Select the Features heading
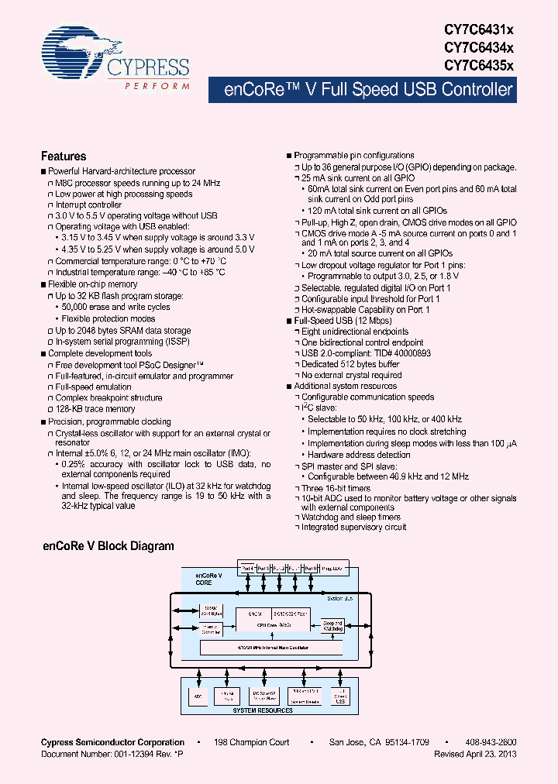point(64,156)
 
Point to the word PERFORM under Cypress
point(157,86)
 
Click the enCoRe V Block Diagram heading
point(108,546)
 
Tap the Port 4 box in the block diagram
point(247,568)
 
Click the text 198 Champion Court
point(252,742)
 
